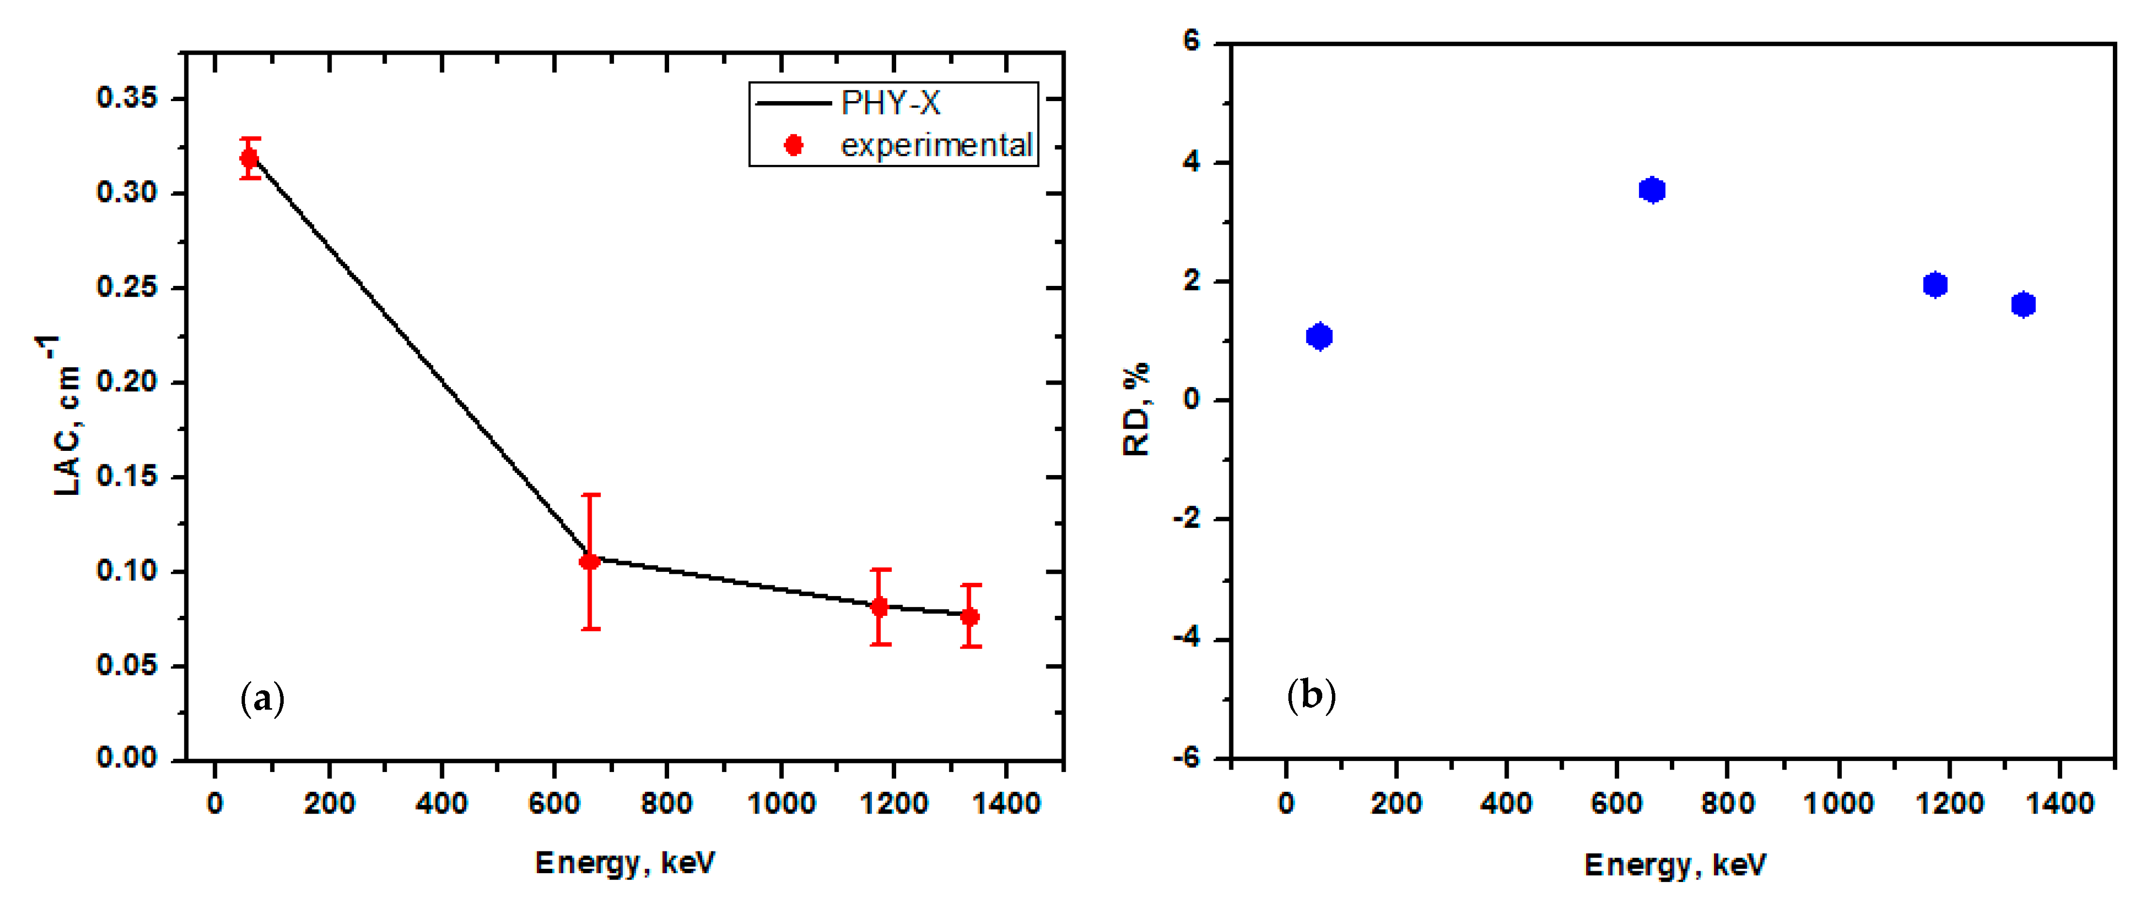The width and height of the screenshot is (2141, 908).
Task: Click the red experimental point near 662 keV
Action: tap(589, 562)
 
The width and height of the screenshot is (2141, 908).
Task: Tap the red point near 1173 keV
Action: tap(879, 607)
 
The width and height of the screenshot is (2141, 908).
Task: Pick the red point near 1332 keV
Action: tap(969, 616)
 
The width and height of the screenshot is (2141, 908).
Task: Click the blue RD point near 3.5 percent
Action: tap(1652, 190)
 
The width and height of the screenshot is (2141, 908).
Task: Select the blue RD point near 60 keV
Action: tap(1319, 337)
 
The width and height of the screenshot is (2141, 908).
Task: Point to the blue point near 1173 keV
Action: tap(1935, 285)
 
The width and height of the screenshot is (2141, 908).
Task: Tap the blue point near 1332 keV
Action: tap(2023, 305)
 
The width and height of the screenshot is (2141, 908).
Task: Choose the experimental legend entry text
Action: tap(936, 146)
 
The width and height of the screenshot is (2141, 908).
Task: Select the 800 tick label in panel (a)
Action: tap(667, 804)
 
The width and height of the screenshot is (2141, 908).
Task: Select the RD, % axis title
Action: tap(1137, 409)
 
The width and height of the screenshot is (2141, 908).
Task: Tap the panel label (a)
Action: tap(262, 699)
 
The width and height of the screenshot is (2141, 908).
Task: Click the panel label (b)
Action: tap(1311, 695)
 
